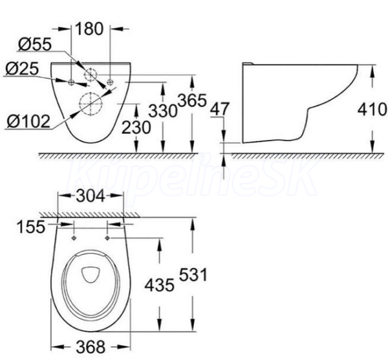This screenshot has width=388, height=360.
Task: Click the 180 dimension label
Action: (89, 28)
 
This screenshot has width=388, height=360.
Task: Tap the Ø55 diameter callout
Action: (35, 44)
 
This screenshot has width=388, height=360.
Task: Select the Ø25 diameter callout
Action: (22, 69)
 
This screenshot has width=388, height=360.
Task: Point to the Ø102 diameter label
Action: (28, 122)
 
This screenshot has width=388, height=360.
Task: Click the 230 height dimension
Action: (136, 128)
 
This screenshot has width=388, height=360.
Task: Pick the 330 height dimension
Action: (163, 111)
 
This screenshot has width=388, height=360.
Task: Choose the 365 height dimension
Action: (192, 100)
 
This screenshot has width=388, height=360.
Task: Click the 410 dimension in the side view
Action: (372, 109)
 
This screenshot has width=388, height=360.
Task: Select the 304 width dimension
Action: (91, 196)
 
